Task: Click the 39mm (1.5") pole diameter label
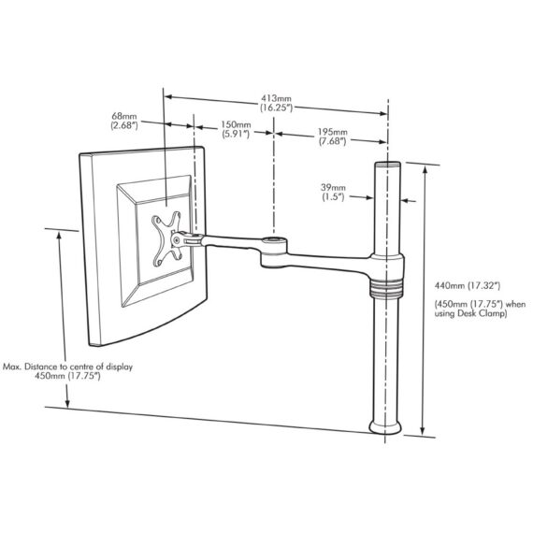[x=332, y=193]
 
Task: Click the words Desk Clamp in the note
[x=483, y=315]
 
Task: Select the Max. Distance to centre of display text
[x=68, y=367]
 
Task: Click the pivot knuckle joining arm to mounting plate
[x=194, y=240]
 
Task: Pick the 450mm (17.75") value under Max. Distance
[x=68, y=378]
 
